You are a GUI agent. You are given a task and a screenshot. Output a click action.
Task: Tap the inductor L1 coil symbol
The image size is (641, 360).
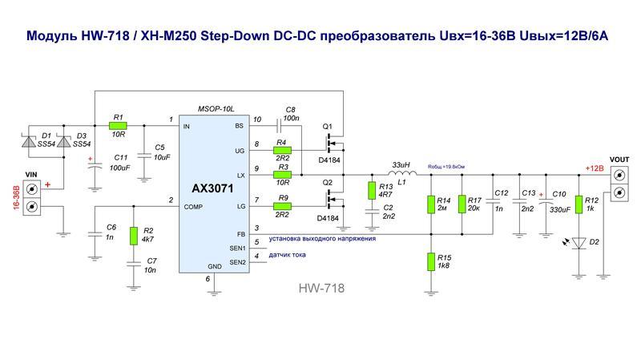pos(402,174)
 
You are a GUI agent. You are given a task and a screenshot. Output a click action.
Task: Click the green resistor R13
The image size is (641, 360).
pos(372,190)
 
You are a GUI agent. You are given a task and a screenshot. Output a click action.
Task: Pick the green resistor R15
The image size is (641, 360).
pos(433,261)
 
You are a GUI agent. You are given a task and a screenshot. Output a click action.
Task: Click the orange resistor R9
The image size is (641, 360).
pos(282,206)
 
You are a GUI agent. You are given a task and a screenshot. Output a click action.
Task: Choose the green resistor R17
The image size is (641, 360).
pos(462,204)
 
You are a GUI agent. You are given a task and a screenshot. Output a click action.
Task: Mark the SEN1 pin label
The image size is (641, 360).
pos(238,248)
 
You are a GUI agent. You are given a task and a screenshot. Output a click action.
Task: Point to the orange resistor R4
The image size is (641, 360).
pos(282,150)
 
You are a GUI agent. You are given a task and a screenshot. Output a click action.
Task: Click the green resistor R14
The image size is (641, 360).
pos(433,204)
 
